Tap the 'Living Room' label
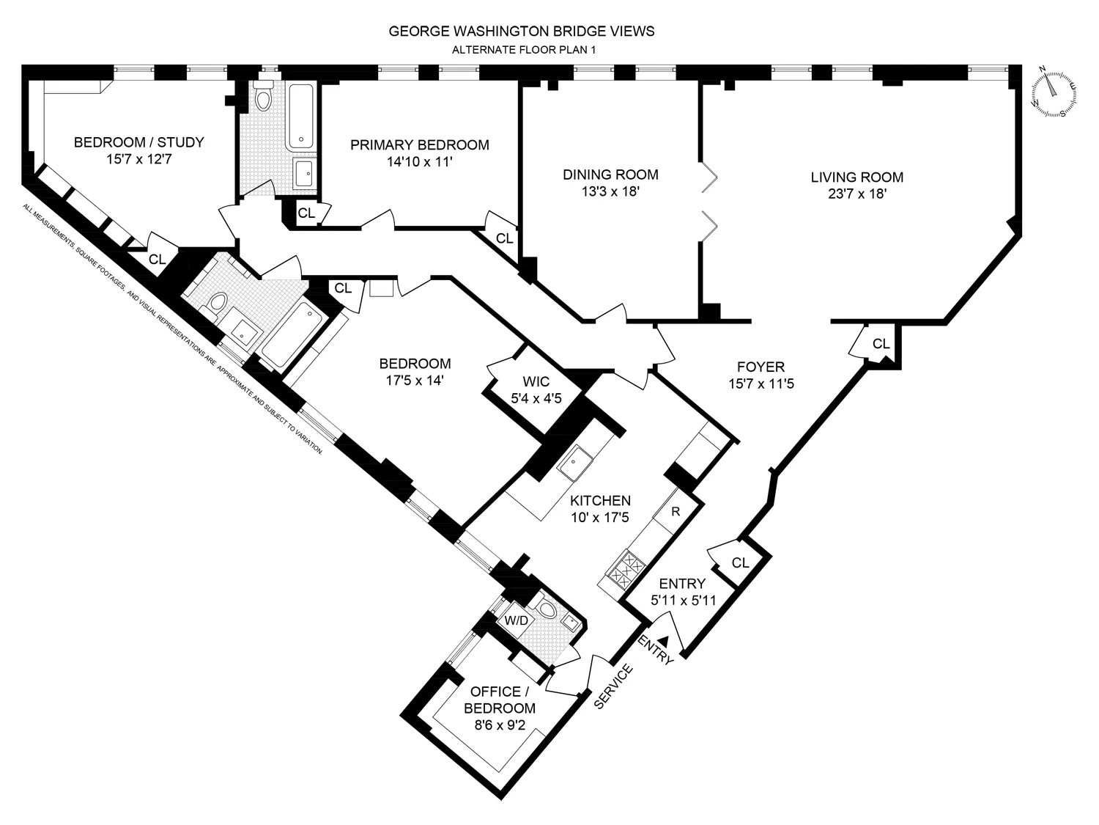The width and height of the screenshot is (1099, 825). [856, 177]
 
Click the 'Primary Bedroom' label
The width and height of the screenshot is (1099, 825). [419, 145]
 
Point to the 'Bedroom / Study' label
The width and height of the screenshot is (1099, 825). [138, 142]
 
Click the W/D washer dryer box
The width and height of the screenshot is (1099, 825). [517, 620]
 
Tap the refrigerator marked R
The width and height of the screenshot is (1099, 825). [676, 511]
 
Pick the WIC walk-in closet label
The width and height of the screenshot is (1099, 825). [536, 382]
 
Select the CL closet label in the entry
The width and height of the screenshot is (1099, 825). [740, 562]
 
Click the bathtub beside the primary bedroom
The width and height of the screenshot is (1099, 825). [301, 117]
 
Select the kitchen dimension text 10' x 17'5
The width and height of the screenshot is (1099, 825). [600, 517]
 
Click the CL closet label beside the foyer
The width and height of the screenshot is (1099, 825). [881, 344]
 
